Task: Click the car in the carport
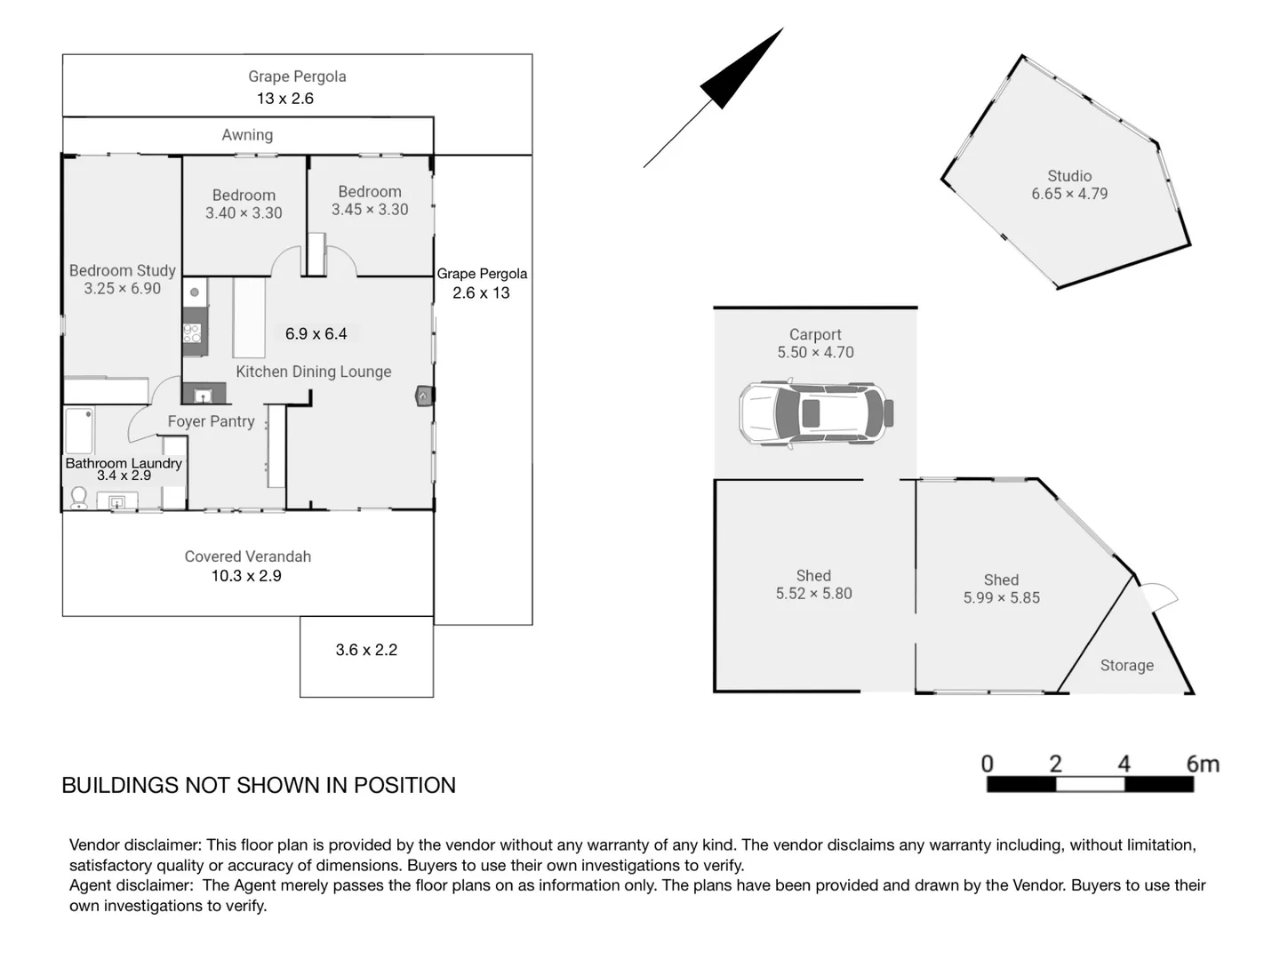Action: click(815, 413)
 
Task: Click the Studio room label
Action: click(1068, 176)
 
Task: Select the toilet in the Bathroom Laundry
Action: click(78, 497)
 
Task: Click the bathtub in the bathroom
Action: click(79, 431)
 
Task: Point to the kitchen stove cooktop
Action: click(192, 332)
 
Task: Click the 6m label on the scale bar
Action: click(1202, 764)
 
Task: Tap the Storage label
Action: click(1126, 665)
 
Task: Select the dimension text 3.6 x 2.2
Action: click(366, 650)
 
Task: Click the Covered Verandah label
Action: click(247, 556)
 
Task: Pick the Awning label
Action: click(247, 135)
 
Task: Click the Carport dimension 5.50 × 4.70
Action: click(815, 352)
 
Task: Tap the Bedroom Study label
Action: click(122, 270)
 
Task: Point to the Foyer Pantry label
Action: click(211, 421)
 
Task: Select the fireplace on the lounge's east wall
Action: click(424, 396)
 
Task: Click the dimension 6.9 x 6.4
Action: click(316, 333)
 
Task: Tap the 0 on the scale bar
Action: click(987, 764)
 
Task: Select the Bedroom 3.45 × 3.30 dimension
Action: click(370, 210)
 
